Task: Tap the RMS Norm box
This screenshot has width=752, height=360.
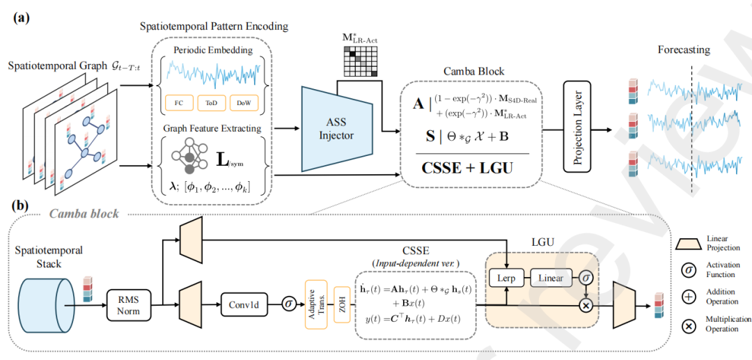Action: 128,304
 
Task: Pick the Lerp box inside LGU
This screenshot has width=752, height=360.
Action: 506,278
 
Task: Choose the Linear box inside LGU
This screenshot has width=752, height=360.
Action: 551,278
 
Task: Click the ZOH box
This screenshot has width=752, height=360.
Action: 341,304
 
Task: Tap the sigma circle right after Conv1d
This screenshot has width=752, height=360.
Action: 288,304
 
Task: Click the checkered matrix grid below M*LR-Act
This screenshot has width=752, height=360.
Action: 359,62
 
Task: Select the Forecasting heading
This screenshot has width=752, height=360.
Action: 684,50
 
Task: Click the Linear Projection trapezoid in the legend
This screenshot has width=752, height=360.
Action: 689,241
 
